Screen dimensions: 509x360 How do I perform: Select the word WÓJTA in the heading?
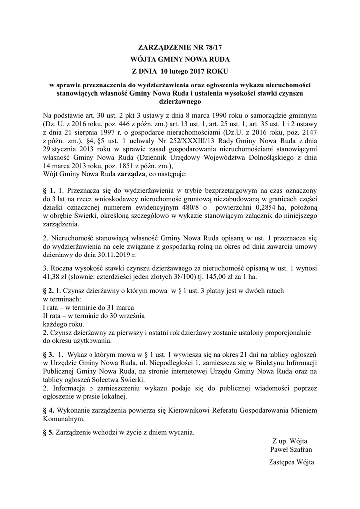point(149,59)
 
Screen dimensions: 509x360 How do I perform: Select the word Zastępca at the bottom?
point(281,462)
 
